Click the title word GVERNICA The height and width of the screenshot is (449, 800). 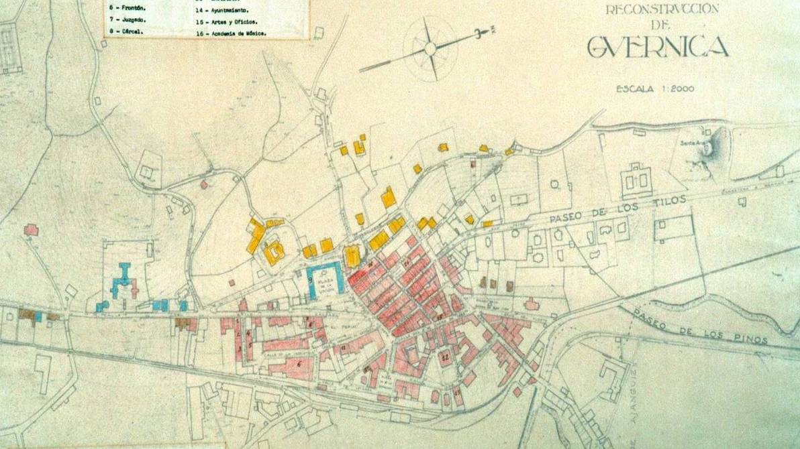coord(657,47)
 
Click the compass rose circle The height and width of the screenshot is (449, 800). coord(430,48)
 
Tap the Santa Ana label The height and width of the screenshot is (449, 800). coord(692,143)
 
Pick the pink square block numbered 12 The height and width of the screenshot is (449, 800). coord(445,357)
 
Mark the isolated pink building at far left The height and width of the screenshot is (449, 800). coord(31,230)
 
